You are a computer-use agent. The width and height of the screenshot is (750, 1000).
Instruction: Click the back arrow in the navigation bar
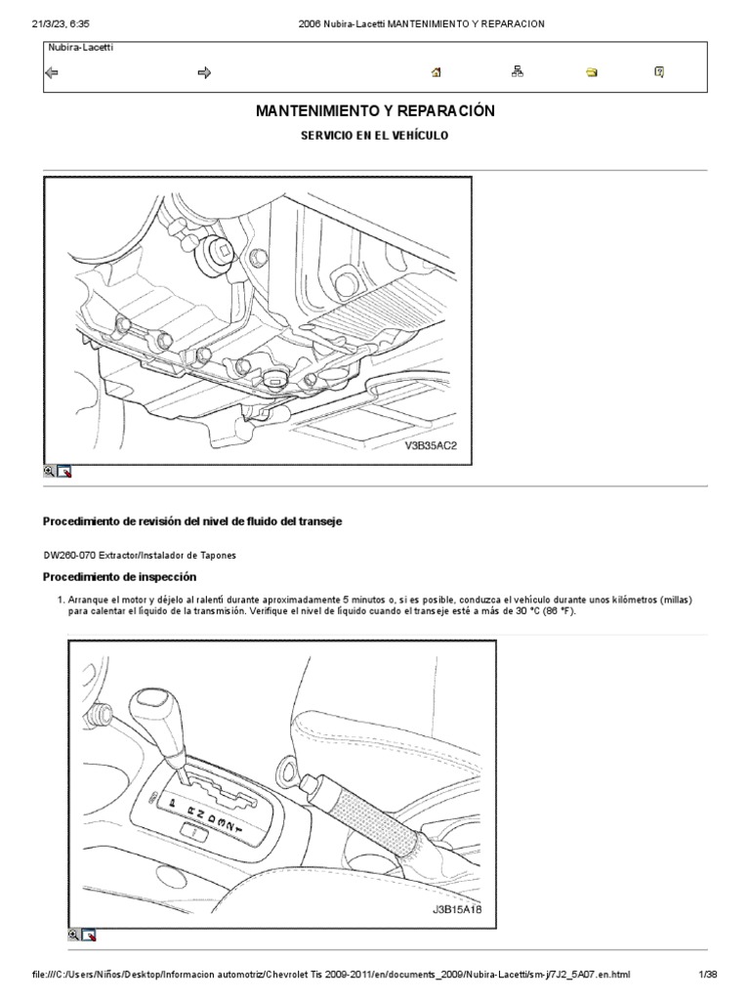click(52, 72)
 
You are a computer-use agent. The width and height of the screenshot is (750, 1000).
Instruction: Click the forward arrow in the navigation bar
click(205, 72)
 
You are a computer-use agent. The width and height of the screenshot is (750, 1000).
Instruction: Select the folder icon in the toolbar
click(592, 72)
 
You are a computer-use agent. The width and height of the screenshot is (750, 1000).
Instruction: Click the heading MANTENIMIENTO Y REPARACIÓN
click(375, 112)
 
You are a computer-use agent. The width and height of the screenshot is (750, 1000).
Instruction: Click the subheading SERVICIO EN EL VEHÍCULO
click(375, 136)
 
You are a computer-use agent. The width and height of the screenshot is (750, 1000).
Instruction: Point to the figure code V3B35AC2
click(431, 445)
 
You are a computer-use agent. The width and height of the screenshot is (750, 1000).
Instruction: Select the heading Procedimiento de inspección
click(119, 577)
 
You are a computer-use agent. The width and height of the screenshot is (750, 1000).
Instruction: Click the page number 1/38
click(707, 978)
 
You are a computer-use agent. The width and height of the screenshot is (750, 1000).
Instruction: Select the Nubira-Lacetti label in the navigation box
click(79, 47)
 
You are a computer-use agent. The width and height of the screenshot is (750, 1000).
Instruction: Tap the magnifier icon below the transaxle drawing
click(49, 471)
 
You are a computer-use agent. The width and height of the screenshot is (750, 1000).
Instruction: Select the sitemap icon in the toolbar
click(518, 72)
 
